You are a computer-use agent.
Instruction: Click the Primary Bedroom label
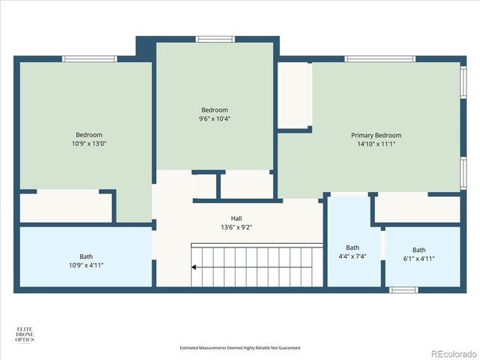point(376,136)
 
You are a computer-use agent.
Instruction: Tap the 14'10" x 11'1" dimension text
point(376,145)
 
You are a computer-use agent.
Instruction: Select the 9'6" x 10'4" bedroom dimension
point(214,118)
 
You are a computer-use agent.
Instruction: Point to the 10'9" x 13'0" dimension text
point(88,144)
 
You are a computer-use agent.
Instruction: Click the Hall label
point(236,218)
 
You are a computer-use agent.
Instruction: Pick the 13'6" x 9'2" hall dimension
point(236,227)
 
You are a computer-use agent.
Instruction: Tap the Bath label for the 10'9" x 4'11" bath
point(87,256)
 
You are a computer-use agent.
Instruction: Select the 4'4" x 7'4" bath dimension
point(352,256)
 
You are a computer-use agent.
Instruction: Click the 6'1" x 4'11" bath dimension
point(418,259)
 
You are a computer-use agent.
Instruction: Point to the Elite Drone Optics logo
point(27,334)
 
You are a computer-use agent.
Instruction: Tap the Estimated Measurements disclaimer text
point(240,348)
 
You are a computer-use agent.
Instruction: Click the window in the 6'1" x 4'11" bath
point(403,289)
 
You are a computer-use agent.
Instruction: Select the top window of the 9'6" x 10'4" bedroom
point(215,39)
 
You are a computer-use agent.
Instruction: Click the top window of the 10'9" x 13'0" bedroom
point(89,58)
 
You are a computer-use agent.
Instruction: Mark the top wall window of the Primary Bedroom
point(379,58)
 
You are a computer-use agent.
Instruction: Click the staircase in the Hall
point(255,265)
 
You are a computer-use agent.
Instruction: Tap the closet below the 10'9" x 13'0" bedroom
point(66,207)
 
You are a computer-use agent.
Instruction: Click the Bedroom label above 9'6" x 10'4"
point(214,109)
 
